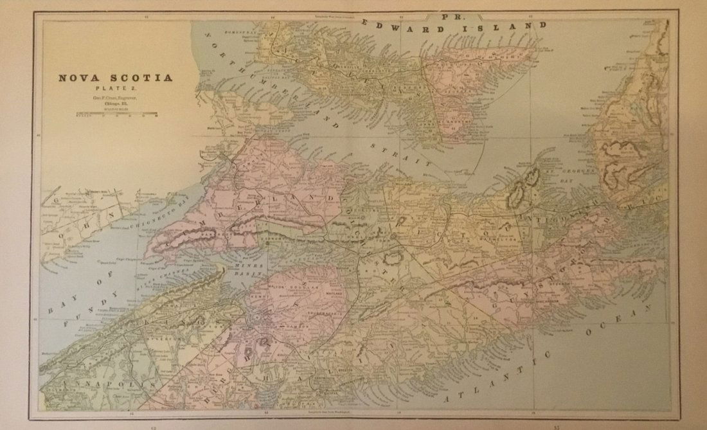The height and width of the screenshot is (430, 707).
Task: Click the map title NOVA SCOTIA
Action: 115,78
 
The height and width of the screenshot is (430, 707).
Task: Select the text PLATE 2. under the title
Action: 116,89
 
